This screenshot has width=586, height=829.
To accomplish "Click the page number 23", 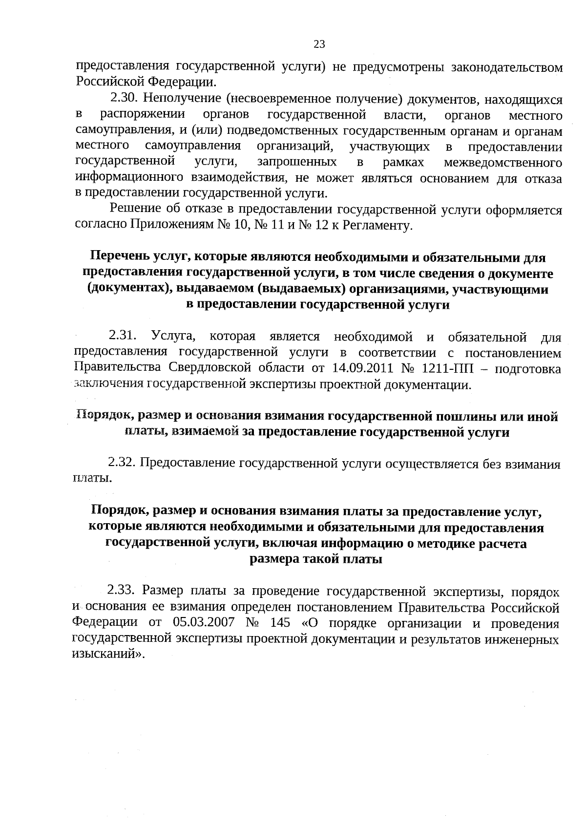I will coord(319,45).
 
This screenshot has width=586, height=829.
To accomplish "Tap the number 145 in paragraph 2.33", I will coord(280,623).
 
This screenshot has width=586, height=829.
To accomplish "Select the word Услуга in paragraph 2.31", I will coord(173,337).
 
